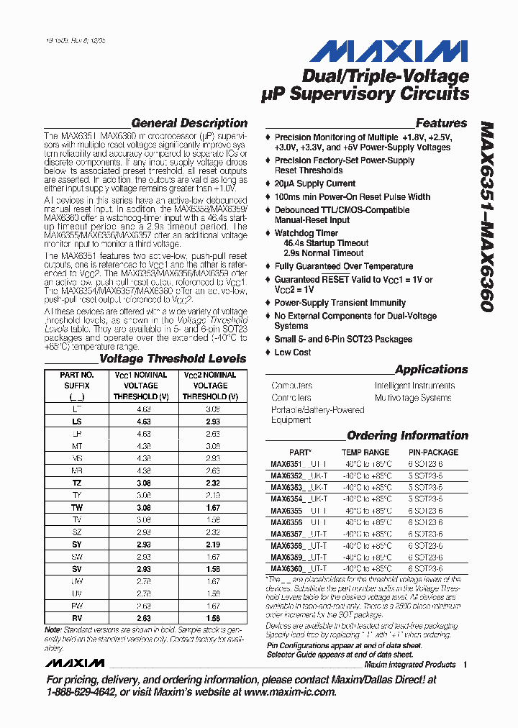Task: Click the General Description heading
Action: [189, 123]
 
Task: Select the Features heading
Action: [441, 123]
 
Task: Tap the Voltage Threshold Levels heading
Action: [172, 358]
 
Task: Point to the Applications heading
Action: [431, 369]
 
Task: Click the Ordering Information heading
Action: [407, 435]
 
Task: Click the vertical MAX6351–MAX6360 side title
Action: [486, 216]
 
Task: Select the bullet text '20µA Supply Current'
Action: [314, 183]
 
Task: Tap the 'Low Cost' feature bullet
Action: [292, 352]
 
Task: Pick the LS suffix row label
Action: [77, 421]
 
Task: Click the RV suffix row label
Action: [77, 618]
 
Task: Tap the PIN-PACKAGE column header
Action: [433, 452]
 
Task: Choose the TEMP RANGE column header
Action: [365, 452]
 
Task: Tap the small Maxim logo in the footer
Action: [73, 663]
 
